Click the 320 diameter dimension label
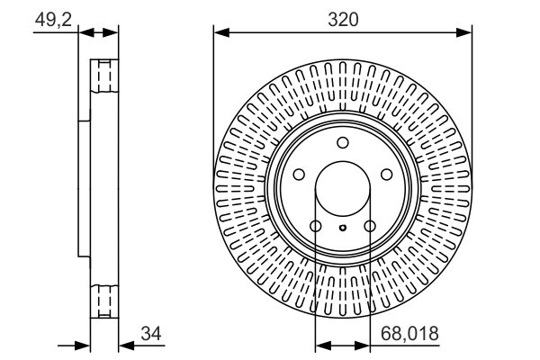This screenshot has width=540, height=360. click(343, 19)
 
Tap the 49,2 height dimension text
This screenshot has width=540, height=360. click(53, 20)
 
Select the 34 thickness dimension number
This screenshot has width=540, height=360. click(151, 334)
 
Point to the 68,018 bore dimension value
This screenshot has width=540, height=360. click(409, 334)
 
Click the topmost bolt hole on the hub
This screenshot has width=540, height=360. click(343, 142)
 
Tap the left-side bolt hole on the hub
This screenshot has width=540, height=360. click(299, 175)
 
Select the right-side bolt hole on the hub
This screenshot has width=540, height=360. click(386, 175)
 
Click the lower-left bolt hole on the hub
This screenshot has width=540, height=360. click(316, 226)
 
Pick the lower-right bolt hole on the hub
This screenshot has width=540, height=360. click(370, 226)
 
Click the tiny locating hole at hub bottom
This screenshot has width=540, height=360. click(343, 228)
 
